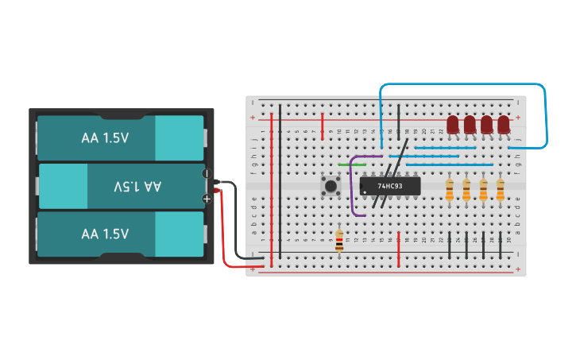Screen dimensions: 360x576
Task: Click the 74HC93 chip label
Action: (389, 186)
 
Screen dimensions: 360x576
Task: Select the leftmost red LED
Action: (453, 125)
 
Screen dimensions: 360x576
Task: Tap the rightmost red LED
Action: (503, 125)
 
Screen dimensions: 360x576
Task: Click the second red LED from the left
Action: (470, 125)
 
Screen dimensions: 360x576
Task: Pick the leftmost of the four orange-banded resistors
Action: (450, 189)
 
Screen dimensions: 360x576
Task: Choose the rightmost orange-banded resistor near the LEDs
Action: (501, 189)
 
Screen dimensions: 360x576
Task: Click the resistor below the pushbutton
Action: (339, 240)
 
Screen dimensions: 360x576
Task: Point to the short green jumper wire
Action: (346, 165)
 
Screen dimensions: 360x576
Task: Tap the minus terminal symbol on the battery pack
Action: (207, 173)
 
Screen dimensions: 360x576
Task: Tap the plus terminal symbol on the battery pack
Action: (207, 199)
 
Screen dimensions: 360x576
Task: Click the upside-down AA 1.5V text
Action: (137, 186)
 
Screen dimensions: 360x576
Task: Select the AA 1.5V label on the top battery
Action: (105, 137)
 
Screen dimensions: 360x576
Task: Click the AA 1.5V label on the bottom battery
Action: (105, 234)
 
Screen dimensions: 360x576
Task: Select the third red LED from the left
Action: (486, 125)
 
